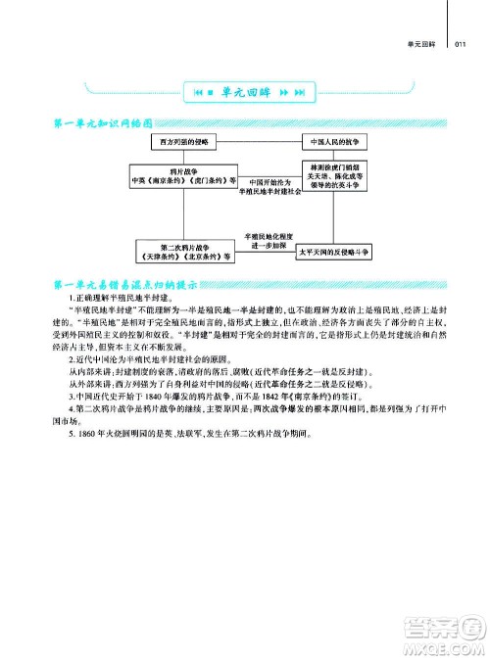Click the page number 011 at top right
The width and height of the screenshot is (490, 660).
(x=465, y=42)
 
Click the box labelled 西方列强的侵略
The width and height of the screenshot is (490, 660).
(x=192, y=142)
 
